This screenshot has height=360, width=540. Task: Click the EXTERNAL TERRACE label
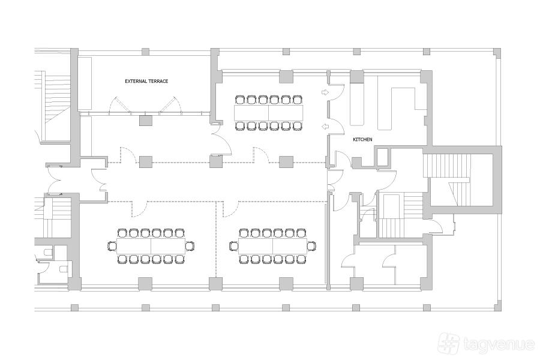point(146,82)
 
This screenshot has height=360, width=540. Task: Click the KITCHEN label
point(362,140)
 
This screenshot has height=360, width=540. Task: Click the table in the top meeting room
point(268,113)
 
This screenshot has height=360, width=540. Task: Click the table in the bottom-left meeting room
point(151,246)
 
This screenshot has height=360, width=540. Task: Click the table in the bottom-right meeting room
point(272,246)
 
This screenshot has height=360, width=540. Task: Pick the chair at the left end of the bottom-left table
point(112,247)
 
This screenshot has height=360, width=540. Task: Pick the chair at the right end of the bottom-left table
point(190,247)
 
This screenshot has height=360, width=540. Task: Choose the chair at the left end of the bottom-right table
point(233,247)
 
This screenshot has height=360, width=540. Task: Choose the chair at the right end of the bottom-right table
point(311,247)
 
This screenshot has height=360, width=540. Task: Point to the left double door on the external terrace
point(120,104)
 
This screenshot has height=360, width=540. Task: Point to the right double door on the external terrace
point(170,104)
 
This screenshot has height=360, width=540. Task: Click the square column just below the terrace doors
point(146,120)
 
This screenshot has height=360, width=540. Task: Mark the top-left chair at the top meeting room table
point(239,100)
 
